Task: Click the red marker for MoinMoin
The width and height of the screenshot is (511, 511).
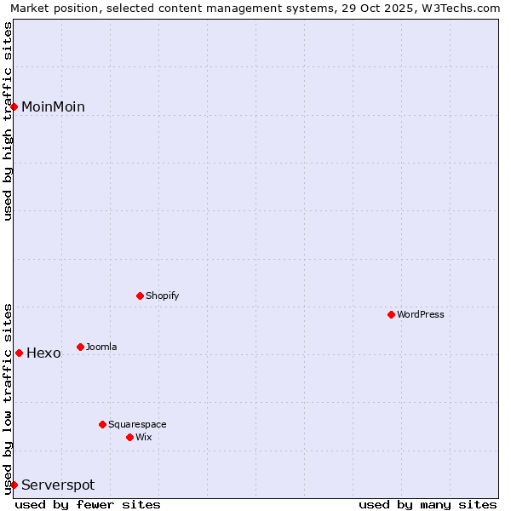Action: click(x=14, y=106)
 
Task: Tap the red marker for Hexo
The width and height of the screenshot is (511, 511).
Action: click(x=19, y=353)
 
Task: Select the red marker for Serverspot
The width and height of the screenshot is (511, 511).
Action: click(x=14, y=485)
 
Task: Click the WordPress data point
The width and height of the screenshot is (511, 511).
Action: click(x=391, y=314)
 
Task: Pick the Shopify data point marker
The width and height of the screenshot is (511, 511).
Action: click(x=140, y=296)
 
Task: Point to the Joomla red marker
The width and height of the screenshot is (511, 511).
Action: click(x=80, y=347)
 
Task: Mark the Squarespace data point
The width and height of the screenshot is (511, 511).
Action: click(x=102, y=424)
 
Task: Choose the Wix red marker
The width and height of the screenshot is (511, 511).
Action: click(x=129, y=437)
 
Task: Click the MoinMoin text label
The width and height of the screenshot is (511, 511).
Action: click(x=53, y=106)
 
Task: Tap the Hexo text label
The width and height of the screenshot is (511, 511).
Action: click(x=43, y=353)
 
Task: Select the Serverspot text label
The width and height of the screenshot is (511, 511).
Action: click(x=58, y=485)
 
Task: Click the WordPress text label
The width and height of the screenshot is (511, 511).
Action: click(x=421, y=314)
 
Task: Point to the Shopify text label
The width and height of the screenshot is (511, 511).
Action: click(x=162, y=296)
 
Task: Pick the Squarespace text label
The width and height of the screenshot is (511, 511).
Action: click(x=137, y=424)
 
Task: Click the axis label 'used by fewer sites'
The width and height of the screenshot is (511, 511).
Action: click(x=88, y=504)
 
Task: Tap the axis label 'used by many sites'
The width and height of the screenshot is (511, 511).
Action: click(x=428, y=504)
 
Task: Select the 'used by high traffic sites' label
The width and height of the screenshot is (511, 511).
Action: click(x=8, y=121)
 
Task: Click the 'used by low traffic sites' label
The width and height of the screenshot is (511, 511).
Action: click(x=8, y=399)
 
